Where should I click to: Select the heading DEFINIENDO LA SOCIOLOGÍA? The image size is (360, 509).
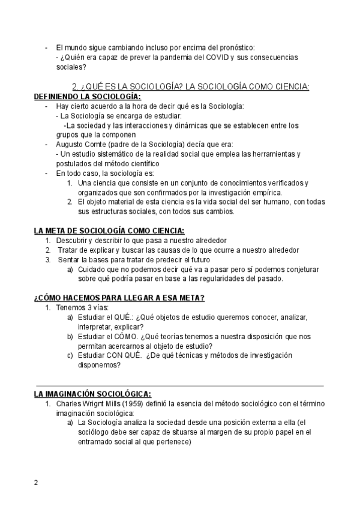coord(88,96)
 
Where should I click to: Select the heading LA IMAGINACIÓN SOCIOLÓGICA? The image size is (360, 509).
coord(92,394)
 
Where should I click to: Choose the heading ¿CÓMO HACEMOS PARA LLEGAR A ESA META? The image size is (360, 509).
coord(119,297)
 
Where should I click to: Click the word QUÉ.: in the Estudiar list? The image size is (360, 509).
coord(123,317)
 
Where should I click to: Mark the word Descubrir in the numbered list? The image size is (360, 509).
coord(73,240)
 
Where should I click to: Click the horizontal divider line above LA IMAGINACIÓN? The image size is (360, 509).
coord(179,385)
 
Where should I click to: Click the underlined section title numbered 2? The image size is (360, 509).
coord(190,86)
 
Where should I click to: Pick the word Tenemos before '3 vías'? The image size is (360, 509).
coord(71,307)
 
